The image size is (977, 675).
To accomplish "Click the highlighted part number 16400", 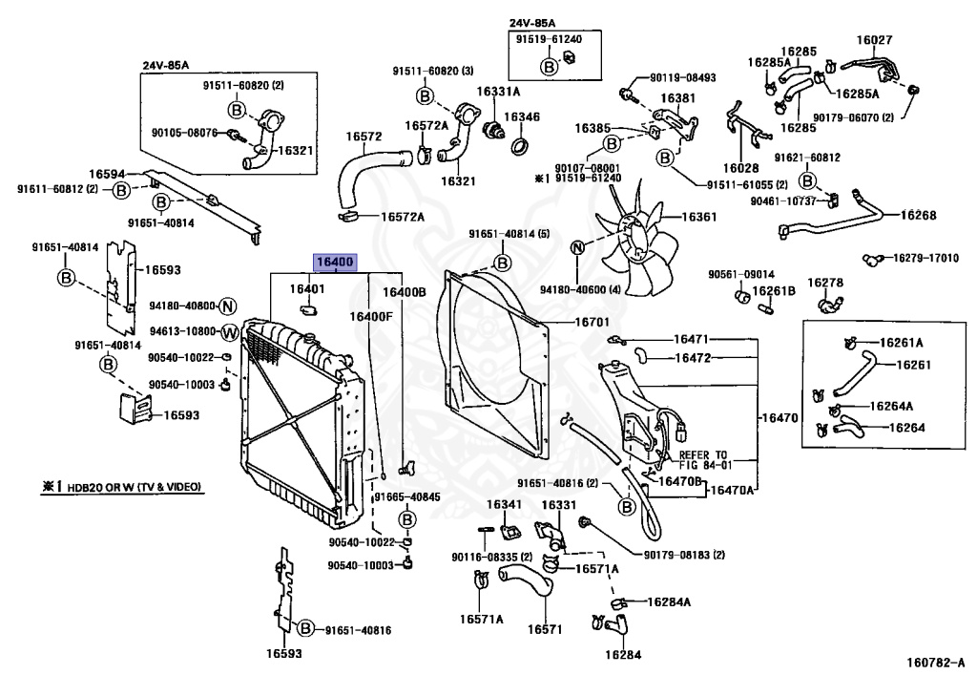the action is click(x=335, y=263).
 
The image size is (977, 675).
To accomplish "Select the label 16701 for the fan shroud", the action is click(x=592, y=322).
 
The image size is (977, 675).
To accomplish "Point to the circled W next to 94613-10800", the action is click(x=230, y=333).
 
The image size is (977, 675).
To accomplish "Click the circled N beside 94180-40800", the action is click(x=228, y=306).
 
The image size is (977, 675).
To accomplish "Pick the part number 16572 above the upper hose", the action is click(x=364, y=137).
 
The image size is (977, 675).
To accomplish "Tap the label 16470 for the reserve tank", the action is click(x=780, y=417).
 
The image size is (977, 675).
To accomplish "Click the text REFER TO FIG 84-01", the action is click(x=705, y=460).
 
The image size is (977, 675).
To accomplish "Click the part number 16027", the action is click(x=874, y=40).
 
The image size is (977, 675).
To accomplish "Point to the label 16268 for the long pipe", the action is click(x=919, y=215).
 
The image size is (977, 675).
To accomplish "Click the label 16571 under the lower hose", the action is click(x=545, y=629).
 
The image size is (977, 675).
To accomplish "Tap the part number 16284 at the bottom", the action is click(x=622, y=654).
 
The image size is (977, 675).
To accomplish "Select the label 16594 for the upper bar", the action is click(x=107, y=175).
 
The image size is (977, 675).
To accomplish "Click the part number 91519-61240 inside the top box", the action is click(x=549, y=39).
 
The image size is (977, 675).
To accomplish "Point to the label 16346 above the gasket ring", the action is click(x=522, y=116).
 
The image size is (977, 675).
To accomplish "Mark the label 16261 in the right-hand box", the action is click(x=913, y=365).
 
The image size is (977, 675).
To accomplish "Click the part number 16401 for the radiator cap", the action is click(x=307, y=288).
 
